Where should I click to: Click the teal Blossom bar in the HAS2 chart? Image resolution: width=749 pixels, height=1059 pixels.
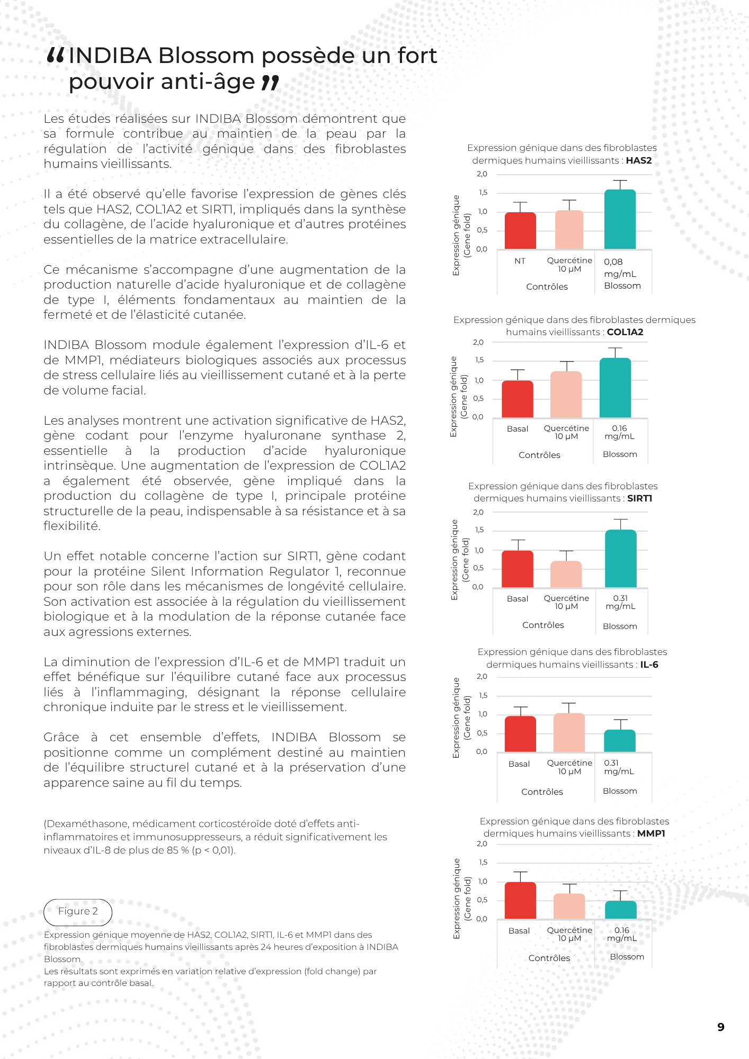tap(620, 219)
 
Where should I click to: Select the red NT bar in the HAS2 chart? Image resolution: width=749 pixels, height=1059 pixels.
tap(520, 231)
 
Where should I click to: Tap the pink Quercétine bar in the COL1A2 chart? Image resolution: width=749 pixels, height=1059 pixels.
tap(566, 394)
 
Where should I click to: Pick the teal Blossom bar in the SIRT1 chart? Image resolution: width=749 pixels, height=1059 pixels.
tap(620, 559)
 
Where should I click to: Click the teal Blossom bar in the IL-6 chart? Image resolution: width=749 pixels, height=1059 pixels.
tap(620, 741)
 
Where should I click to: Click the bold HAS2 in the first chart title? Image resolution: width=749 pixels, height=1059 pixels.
tap(639, 160)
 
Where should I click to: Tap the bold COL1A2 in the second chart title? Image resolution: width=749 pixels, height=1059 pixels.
tap(625, 332)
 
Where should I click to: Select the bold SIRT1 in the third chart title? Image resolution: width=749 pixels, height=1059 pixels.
tap(639, 498)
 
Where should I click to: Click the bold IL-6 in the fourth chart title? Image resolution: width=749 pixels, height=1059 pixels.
tap(649, 665)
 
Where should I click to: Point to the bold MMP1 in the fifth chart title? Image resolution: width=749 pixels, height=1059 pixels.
tap(651, 833)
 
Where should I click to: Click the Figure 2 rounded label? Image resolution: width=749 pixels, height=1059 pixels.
tap(78, 912)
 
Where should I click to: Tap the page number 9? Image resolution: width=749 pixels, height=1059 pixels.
tap(720, 1027)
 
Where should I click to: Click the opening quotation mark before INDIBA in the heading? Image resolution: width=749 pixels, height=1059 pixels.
tap(56, 55)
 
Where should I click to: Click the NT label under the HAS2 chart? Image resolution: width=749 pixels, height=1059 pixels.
tap(520, 261)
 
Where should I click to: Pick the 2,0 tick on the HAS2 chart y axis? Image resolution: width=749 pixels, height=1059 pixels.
tap(481, 174)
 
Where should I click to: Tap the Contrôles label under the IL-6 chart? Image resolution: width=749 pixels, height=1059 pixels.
tap(542, 792)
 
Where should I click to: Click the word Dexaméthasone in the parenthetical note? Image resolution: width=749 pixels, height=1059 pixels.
tap(87, 824)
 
